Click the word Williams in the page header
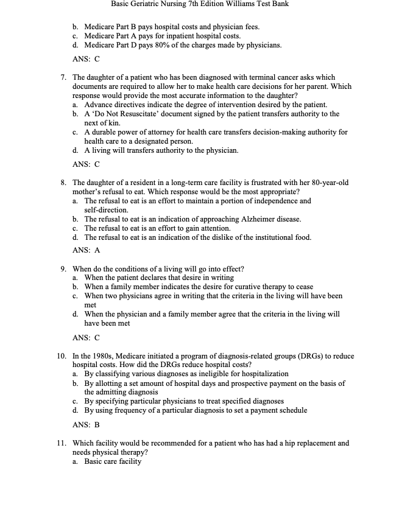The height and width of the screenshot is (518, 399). (235, 4)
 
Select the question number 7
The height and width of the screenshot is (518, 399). (63, 77)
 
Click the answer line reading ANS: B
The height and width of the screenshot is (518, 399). (86, 424)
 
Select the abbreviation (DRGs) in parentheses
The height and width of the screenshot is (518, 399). (284, 356)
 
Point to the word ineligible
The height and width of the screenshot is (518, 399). (187, 374)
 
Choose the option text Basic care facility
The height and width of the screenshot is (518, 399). (113, 461)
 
